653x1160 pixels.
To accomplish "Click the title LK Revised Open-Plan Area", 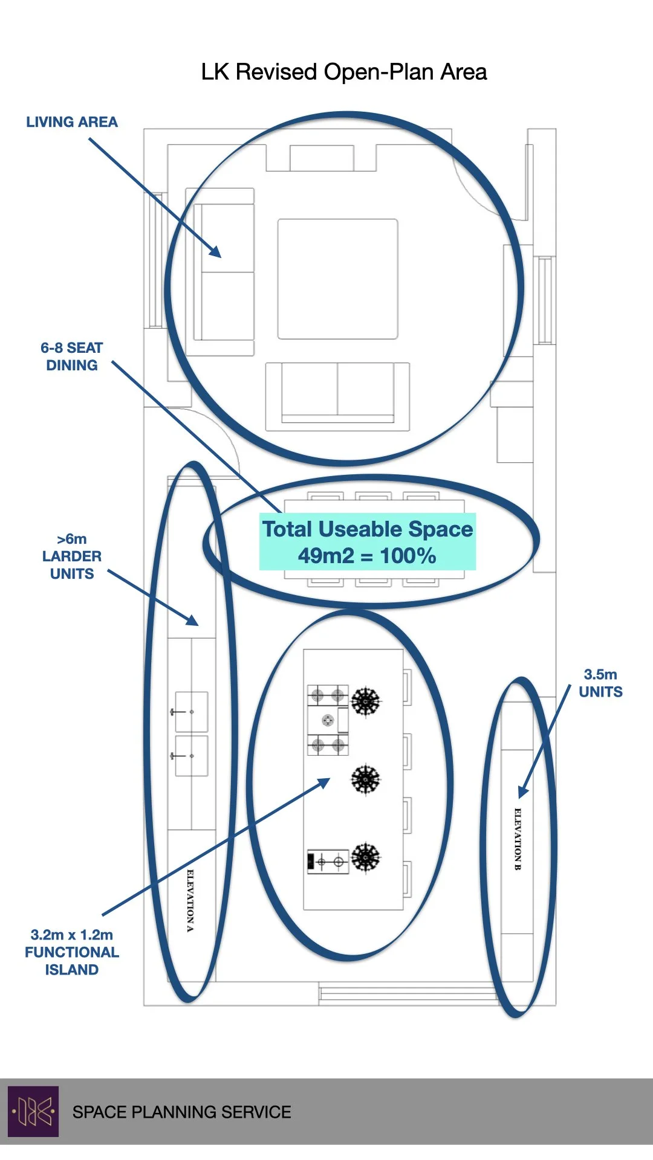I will tap(343, 72).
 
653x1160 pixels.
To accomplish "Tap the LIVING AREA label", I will tap(71, 122).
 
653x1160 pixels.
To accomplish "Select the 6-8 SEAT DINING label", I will tap(71, 356).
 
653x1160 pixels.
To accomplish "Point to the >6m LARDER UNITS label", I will tap(71, 556).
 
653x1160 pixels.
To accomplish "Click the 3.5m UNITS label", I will tap(600, 683).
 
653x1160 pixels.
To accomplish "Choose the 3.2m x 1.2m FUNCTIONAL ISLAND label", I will tap(71, 952).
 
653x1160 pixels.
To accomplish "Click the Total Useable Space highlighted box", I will tap(367, 542).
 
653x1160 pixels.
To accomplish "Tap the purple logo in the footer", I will tap(33, 1111).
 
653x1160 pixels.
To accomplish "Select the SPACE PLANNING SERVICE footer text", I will tap(181, 1112).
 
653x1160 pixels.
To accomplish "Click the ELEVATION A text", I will tap(190, 900).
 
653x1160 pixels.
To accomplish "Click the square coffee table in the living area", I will tap(337, 279).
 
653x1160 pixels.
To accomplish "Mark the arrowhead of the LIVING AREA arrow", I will tap(216, 253).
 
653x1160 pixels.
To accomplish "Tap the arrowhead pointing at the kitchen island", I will tap(325, 782).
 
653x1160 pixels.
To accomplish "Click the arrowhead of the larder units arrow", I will tap(193, 621).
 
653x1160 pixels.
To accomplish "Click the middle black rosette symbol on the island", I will tap(366, 779).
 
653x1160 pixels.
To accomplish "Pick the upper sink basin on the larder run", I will tap(192, 712).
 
